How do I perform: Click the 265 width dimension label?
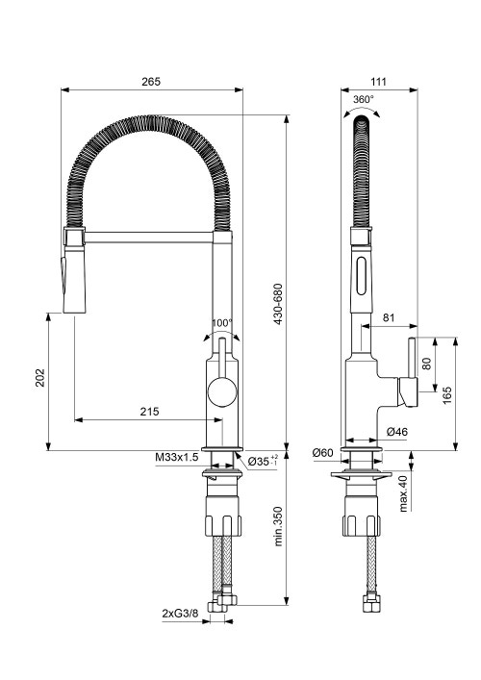[151, 82]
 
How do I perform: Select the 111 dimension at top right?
[377, 82]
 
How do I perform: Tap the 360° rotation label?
[363, 99]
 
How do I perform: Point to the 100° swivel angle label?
[222, 323]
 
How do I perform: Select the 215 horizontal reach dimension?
[149, 411]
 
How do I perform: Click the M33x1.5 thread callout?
[176, 458]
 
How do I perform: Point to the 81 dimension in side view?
[389, 317]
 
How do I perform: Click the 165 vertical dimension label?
[447, 393]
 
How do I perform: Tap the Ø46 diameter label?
[396, 432]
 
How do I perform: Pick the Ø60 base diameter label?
[322, 452]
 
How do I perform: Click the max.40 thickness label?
[403, 491]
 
